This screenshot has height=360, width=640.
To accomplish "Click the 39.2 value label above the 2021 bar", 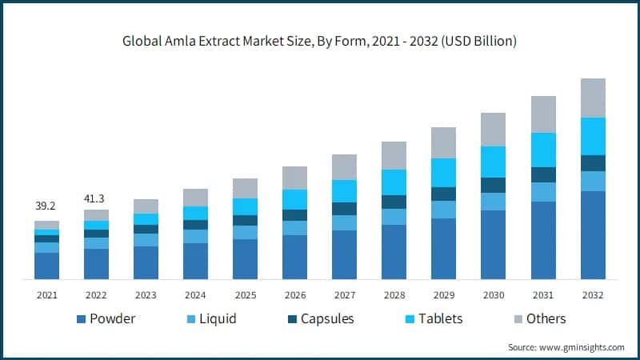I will tap(46, 206).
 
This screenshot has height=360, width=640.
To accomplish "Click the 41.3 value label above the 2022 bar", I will tap(96, 197).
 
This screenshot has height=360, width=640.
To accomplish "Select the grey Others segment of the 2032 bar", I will tap(593, 98).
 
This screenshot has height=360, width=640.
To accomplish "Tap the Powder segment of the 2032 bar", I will tap(593, 235).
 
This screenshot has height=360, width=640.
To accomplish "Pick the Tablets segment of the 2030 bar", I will tap(493, 162).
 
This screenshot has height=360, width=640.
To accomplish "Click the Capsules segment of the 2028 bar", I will tap(394, 202).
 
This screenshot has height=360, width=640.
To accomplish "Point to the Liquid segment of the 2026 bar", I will tap(294, 228).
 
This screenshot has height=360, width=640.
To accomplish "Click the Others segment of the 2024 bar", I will tap(195, 198).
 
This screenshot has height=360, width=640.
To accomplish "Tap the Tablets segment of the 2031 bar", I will tap(543, 150).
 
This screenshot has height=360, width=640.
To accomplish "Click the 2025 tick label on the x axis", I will tap(245, 295).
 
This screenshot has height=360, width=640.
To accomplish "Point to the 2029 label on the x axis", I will tap(443, 295).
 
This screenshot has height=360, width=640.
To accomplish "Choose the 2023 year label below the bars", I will tap(146, 295).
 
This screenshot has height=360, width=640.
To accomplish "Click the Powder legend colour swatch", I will tap(81, 319).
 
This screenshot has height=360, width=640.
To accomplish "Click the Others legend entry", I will tap(546, 318).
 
